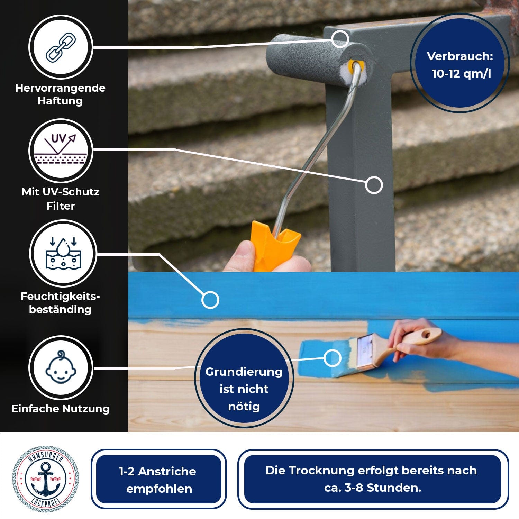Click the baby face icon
(61, 367)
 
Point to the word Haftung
(60, 101)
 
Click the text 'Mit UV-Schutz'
(61, 192)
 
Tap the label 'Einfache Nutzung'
(61, 409)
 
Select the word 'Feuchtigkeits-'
(60, 296)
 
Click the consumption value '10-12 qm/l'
(461, 73)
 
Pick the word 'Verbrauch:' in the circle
(460, 56)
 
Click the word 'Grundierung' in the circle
(244, 372)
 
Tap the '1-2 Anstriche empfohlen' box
(158, 480)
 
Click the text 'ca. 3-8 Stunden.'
(373, 488)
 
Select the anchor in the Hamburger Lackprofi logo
(45, 479)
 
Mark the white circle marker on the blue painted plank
(210, 300)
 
